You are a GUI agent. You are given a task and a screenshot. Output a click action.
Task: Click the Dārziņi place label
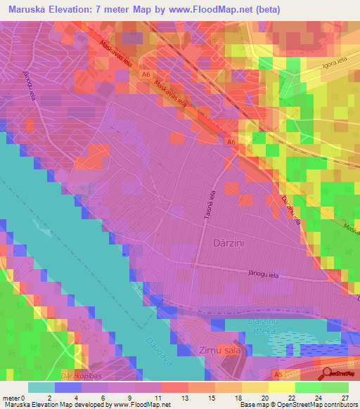click(228, 242)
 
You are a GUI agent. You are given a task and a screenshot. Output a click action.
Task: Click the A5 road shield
click(278, 375)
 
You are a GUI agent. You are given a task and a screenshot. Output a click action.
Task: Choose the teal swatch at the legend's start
click(41, 388)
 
